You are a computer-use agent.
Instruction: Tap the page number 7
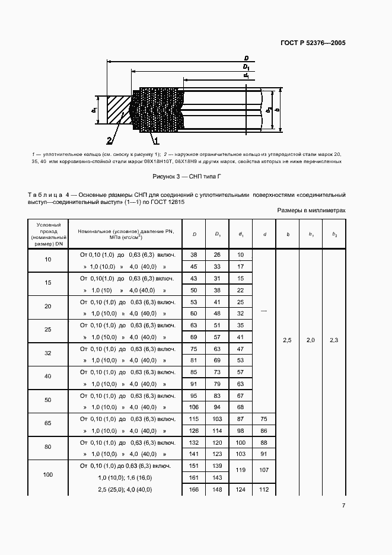343,505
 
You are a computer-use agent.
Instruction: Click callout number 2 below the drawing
109,141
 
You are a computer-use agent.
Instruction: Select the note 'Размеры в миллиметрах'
311,210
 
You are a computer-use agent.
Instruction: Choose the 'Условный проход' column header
48,234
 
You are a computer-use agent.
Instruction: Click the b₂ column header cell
334,235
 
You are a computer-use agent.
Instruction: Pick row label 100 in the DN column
48,476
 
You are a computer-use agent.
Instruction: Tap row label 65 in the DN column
48,425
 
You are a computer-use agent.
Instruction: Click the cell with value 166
193,489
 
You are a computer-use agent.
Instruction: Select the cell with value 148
217,489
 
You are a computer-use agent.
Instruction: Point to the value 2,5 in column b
287,340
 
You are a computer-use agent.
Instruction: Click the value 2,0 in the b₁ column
311,340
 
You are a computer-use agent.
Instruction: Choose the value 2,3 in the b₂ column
334,340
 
